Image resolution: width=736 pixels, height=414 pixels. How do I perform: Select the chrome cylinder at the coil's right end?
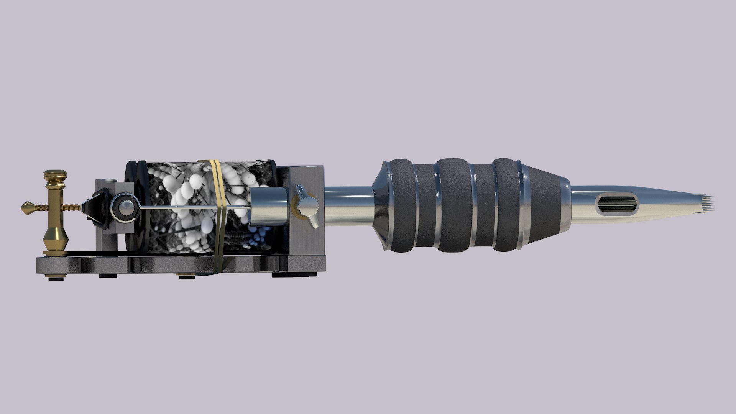(x=267, y=207)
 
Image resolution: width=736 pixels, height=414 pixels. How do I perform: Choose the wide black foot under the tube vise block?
(x=295, y=274)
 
